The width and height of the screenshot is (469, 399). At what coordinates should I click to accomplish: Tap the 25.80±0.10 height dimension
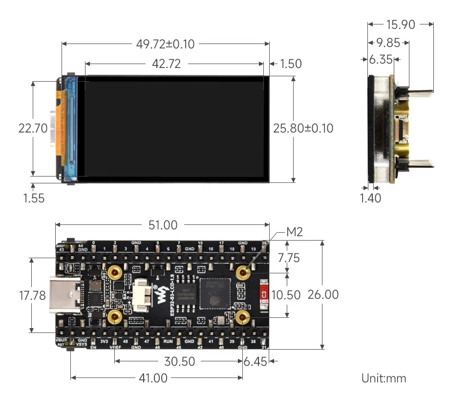click(x=303, y=129)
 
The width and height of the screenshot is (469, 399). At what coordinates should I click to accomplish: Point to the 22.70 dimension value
click(x=33, y=129)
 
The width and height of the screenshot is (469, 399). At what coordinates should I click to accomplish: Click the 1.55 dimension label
click(x=34, y=198)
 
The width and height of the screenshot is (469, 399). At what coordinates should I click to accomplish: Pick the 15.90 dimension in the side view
click(x=400, y=24)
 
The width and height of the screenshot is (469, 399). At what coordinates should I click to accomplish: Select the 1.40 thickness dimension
click(x=370, y=198)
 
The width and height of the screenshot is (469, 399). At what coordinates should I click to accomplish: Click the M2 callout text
click(x=294, y=232)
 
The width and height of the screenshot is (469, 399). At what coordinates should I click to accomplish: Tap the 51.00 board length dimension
click(x=163, y=225)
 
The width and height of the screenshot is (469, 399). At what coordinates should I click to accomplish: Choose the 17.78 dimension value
click(x=32, y=295)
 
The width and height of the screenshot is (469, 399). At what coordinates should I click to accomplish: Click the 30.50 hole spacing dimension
click(x=179, y=361)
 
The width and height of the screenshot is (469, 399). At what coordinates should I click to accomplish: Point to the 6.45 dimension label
click(x=256, y=361)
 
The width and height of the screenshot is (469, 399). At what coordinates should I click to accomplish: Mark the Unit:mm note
click(x=384, y=378)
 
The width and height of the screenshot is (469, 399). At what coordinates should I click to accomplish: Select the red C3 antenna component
click(x=264, y=294)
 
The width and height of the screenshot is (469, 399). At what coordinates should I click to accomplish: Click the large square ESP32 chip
click(x=213, y=293)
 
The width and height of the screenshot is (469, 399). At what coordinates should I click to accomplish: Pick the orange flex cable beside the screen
click(x=60, y=128)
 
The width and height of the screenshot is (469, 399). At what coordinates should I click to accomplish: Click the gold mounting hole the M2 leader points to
click(x=242, y=272)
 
